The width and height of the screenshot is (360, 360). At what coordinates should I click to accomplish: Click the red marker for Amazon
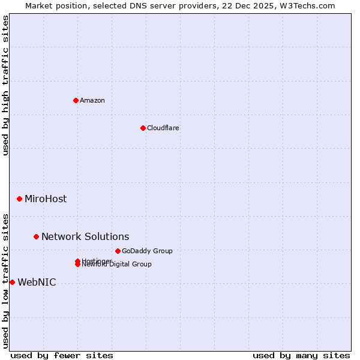(x=76, y=100)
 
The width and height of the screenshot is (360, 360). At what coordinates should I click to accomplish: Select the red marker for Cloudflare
(x=143, y=128)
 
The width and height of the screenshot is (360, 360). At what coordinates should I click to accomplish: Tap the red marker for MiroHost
(x=19, y=199)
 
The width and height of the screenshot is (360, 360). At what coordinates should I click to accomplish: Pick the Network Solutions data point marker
(x=36, y=236)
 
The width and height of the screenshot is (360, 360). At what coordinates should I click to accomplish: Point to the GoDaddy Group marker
(x=118, y=251)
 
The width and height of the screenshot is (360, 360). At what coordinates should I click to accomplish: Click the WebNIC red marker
(x=12, y=282)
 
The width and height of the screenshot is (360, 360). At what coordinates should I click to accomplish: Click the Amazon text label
(x=92, y=100)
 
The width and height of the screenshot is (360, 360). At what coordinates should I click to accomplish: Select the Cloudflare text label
(x=163, y=128)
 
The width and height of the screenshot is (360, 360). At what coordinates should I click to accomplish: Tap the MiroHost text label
(x=46, y=199)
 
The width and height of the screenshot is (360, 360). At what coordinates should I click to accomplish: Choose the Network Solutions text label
(x=85, y=236)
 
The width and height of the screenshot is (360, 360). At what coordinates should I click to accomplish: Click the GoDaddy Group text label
(x=147, y=251)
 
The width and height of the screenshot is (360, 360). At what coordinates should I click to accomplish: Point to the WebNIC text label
(x=37, y=282)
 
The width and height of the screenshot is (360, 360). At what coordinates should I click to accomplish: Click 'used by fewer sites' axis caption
(x=62, y=355)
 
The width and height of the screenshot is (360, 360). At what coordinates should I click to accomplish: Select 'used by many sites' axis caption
(x=301, y=355)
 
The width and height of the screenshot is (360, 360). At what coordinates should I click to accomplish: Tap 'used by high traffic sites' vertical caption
(x=5, y=86)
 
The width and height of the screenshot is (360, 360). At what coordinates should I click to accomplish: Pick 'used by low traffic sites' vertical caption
(x=5, y=281)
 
